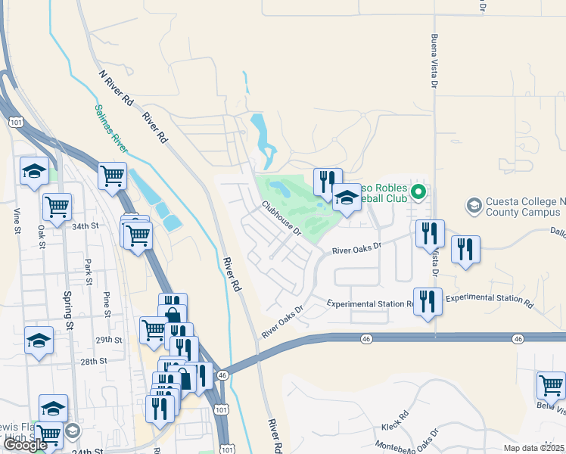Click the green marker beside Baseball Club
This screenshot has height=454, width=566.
(417, 195)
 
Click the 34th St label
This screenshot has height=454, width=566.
(86, 225)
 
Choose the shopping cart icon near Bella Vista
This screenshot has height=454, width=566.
(551, 384)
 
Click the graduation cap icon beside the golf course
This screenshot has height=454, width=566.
(347, 198)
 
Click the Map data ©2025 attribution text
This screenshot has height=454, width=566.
(533, 448)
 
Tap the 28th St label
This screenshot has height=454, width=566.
(95, 362)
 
